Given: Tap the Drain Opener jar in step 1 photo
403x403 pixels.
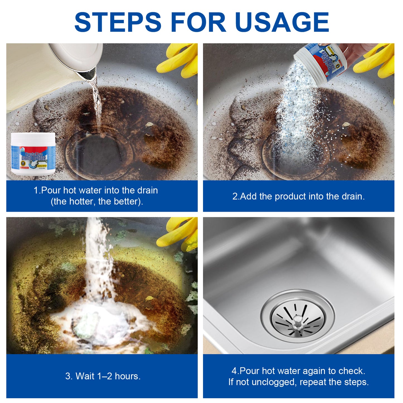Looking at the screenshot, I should click(33, 154).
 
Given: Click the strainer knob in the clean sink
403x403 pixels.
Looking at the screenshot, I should click(298, 319).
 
